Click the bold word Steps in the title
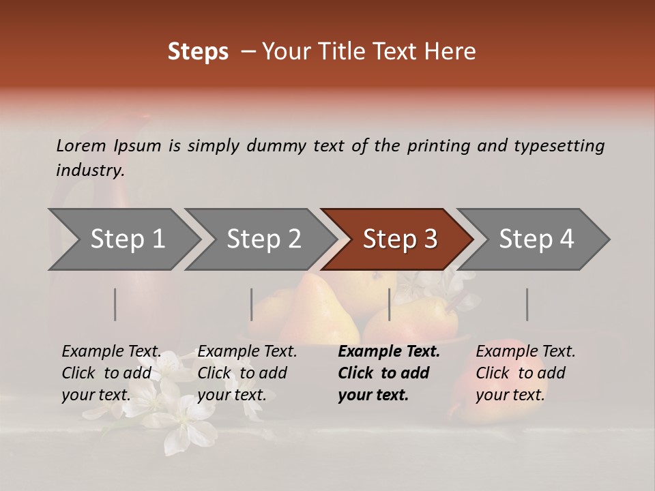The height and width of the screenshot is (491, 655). click(x=198, y=52)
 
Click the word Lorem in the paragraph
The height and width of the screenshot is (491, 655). click(x=81, y=145)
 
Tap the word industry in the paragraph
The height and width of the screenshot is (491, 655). click(x=90, y=170)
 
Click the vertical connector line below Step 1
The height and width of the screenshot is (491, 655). click(x=115, y=304)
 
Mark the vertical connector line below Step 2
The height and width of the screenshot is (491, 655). click(x=252, y=304)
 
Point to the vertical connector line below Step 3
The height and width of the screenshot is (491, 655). click(x=390, y=304)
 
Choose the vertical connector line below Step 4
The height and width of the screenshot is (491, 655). click(x=527, y=304)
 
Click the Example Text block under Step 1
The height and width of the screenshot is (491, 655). click(x=111, y=373)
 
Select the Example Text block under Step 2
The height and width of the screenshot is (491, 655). click(x=247, y=373)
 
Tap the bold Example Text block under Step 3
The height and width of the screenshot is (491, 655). click(x=389, y=373)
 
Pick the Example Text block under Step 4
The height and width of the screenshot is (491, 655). click(x=525, y=373)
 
